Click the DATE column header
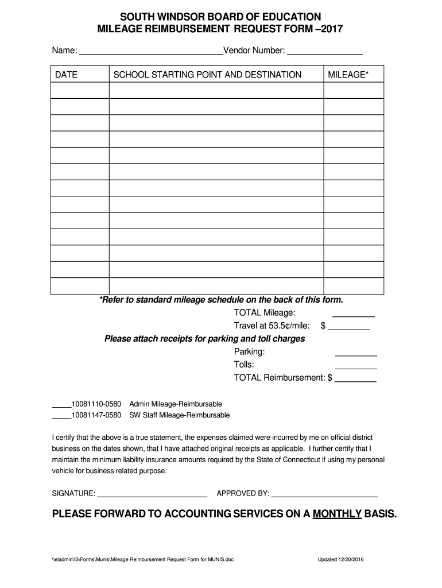coord(66,75)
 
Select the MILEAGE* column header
coord(348,75)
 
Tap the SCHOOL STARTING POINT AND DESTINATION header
coord(207,75)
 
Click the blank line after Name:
coord(151,53)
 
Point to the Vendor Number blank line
coord(324,53)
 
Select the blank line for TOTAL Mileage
coord(354,315)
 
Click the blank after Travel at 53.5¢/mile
coord(348,328)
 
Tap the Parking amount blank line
coord(356,354)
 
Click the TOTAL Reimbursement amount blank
coord(355,380)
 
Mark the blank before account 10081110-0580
coord(61,406)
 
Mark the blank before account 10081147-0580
coord(61,417)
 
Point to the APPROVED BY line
coord(324,494)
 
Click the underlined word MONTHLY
coord(336,514)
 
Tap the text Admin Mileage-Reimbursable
coord(176,404)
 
